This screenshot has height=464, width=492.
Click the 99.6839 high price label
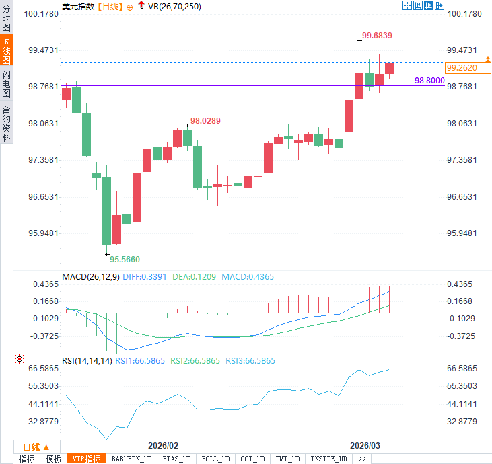click(x=377, y=35)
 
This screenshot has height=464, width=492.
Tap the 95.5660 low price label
click(x=125, y=259)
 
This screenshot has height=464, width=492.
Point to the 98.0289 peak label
click(x=205, y=121)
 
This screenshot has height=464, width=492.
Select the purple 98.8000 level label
click(x=429, y=80)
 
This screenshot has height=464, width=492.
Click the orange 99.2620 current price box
click(x=467, y=68)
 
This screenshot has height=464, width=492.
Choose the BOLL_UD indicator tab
click(x=215, y=459)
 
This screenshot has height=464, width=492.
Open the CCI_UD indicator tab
click(x=252, y=459)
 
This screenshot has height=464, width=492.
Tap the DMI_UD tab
click(x=287, y=459)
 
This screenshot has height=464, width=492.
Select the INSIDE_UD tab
click(x=328, y=459)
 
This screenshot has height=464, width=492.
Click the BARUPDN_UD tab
click(x=132, y=459)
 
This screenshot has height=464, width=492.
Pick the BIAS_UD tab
click(x=176, y=459)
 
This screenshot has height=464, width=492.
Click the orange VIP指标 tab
click(x=86, y=459)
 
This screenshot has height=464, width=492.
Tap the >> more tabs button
click(x=362, y=459)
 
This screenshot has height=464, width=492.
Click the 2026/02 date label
click(x=163, y=446)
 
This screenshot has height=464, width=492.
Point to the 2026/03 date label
click(x=365, y=446)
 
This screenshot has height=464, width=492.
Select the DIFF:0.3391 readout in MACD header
click(x=144, y=277)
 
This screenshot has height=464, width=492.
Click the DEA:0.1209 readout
click(x=194, y=277)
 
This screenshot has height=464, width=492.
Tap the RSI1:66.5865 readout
click(x=140, y=361)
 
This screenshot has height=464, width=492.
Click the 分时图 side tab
click(x=6, y=18)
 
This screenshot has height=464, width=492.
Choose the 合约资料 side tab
click(x=6, y=123)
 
